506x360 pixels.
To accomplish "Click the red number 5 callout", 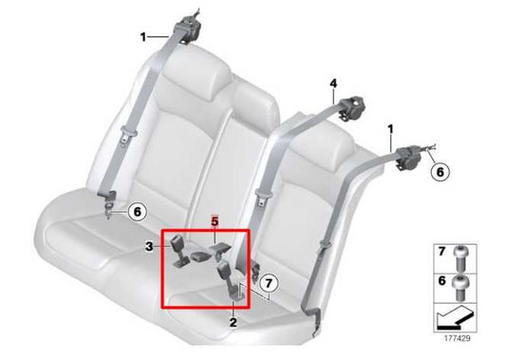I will (215, 219).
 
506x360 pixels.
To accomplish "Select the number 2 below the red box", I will (233, 323).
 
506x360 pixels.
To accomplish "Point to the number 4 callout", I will (333, 84).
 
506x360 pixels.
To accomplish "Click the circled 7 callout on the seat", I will (269, 283).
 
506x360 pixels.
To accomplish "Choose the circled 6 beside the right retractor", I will (440, 172).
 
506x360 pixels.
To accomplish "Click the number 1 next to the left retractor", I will (143, 37).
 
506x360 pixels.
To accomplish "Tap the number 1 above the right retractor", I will (389, 127).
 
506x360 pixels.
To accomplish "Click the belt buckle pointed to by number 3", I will (179, 251).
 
